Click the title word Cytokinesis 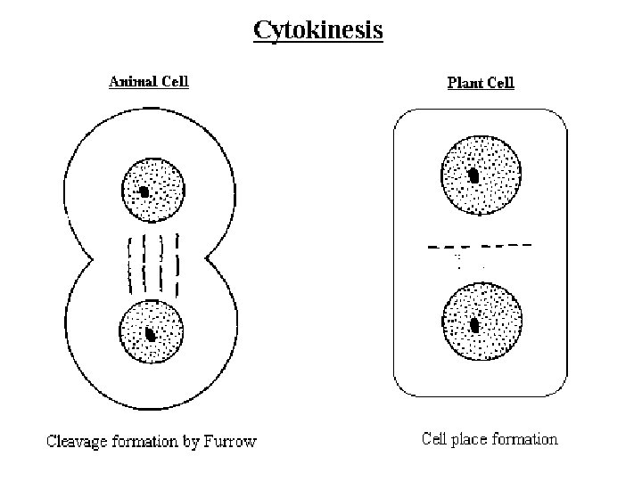click(318, 30)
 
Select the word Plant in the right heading click(464, 83)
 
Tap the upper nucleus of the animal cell click(152, 190)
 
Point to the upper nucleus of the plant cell click(479, 175)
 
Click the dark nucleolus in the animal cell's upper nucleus click(144, 192)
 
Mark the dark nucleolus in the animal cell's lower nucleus click(151, 336)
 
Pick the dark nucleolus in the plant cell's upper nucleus click(475, 176)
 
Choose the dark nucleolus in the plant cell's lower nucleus click(475, 325)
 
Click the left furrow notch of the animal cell click(91, 260)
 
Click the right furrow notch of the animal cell click(209, 260)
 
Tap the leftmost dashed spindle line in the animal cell click(131, 265)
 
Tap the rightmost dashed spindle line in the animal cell click(177, 265)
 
